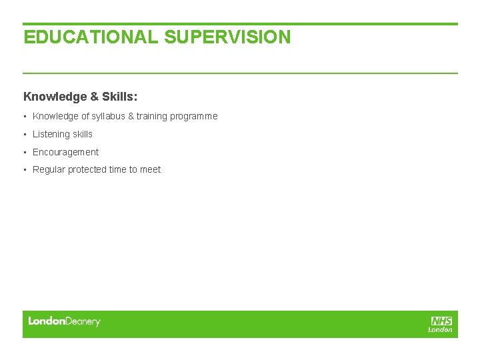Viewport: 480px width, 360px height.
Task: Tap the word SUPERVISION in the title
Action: [x=227, y=37]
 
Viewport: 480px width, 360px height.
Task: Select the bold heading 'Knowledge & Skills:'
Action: [x=81, y=97]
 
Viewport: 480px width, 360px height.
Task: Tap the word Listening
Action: [x=51, y=134]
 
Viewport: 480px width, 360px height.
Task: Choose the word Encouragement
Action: [x=65, y=152]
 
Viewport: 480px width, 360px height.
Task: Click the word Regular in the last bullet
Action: [x=49, y=169]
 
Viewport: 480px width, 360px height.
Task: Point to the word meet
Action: [x=150, y=169]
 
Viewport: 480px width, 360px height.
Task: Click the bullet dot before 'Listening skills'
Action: [x=25, y=134]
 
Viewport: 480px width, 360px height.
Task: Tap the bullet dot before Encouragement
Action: [x=25, y=152]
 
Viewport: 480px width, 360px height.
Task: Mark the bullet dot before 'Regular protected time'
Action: [x=25, y=170]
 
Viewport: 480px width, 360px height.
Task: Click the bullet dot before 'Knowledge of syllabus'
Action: [x=25, y=116]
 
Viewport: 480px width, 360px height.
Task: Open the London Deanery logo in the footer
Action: [x=64, y=321]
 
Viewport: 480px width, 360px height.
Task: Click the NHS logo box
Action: [x=441, y=321]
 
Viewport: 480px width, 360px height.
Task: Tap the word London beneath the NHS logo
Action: [x=440, y=329]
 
